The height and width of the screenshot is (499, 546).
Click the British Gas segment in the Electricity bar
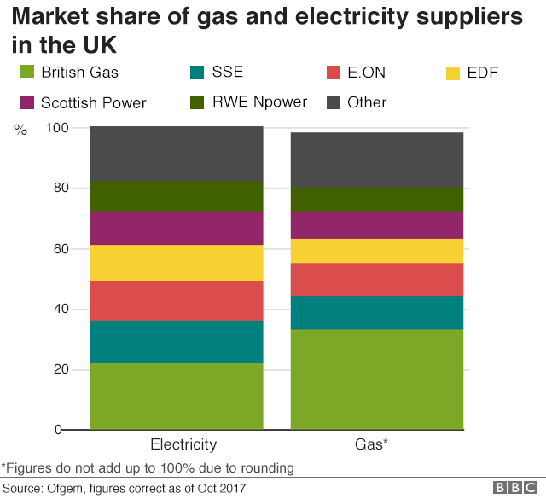[177, 396]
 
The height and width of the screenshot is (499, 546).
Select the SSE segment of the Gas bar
[377, 313]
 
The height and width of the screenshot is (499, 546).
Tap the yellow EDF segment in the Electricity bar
[177, 263]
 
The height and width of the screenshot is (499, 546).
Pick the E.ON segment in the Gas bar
[377, 279]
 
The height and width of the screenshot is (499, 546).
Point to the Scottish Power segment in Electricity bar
[177, 228]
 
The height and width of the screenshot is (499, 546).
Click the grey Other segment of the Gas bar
[377, 160]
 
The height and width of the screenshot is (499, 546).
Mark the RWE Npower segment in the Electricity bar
[177, 196]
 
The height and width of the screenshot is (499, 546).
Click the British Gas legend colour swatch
[26, 73]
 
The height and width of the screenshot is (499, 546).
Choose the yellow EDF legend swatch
[453, 73]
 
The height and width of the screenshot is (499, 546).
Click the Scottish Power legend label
[94, 103]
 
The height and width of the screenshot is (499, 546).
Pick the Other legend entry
[367, 102]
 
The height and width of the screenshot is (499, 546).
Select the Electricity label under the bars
[183, 444]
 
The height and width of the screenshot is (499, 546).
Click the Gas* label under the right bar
[371, 444]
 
